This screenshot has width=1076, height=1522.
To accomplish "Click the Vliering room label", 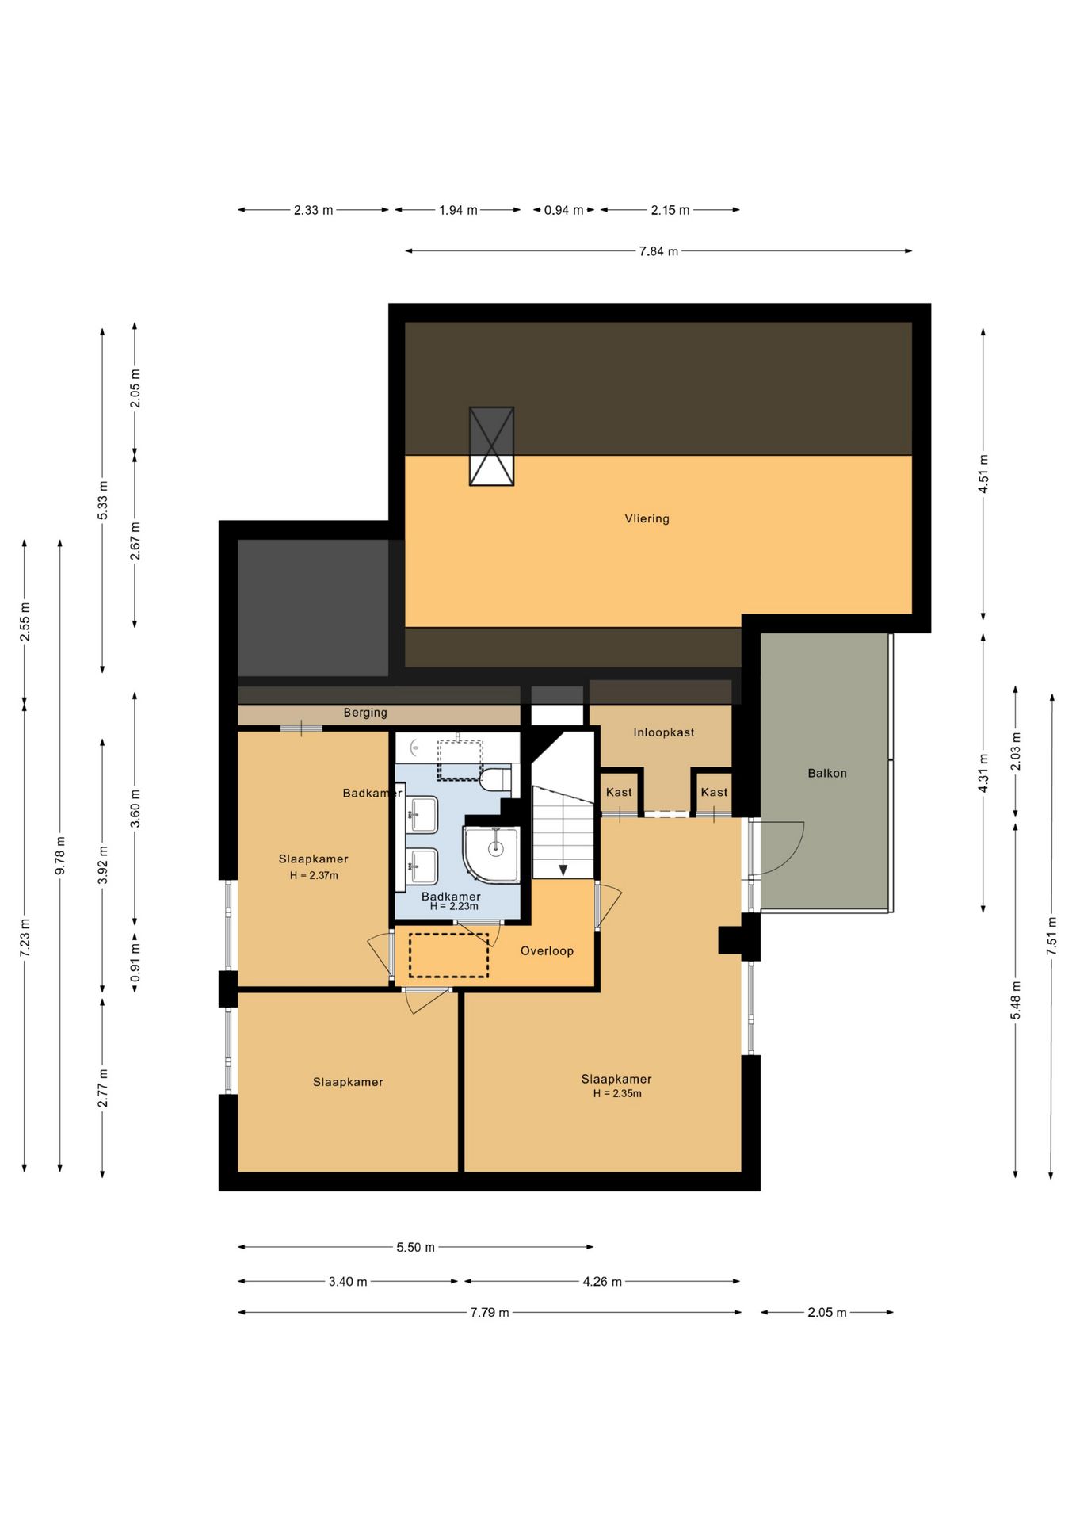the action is tap(647, 518).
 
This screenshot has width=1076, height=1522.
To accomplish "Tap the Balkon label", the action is tap(827, 773).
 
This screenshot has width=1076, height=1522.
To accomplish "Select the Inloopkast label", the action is tap(663, 732).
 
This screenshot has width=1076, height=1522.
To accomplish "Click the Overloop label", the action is tap(547, 950).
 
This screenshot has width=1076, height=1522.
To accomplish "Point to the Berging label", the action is tap(365, 713).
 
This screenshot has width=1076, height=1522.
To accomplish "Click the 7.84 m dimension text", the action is tap(658, 251).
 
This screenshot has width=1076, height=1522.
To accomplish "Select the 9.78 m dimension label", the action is tap(60, 856).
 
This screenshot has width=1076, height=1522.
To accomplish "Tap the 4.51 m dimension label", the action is tap(983, 473).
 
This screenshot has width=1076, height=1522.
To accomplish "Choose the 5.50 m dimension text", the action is tap(415, 1247).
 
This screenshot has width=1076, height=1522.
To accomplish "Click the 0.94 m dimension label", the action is tap(563, 210).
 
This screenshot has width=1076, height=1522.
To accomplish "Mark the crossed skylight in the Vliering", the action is tap(491, 446).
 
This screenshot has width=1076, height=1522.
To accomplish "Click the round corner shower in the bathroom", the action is tap(491, 855).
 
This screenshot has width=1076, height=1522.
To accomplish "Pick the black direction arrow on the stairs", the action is tap(563, 870).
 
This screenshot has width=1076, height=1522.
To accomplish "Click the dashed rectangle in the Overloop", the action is tap(448, 955).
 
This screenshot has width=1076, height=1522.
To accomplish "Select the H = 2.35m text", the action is tap(617, 1093).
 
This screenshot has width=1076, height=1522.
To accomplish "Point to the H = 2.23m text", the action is tap(454, 906).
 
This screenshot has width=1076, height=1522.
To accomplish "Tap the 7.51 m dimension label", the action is tap(1051, 935).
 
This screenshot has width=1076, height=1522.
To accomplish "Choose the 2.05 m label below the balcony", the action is tap(827, 1312).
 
